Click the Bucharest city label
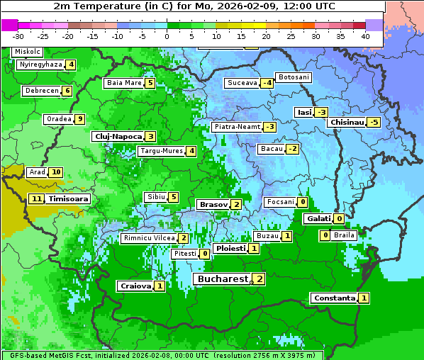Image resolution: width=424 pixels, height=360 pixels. click(x=223, y=279)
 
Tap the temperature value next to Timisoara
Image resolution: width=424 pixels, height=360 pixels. click(x=37, y=199)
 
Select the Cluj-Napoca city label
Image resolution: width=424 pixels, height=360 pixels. click(x=118, y=136)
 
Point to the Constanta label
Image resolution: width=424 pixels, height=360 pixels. click(x=333, y=298)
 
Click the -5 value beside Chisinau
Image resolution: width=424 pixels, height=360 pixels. click(x=374, y=122)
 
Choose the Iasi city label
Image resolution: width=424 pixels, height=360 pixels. click(x=304, y=112)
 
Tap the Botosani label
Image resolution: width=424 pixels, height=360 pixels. click(x=294, y=77)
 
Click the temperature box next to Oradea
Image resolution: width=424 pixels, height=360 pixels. click(x=80, y=119)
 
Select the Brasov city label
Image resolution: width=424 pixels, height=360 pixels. click(x=213, y=204)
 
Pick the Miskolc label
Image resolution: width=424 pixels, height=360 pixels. click(x=27, y=52)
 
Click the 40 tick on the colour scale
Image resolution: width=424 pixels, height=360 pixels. click(x=365, y=35)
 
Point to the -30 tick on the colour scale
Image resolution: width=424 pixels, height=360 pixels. click(x=18, y=35)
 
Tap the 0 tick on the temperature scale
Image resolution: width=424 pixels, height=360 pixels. click(x=167, y=35)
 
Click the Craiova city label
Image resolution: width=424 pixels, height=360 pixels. click(x=135, y=286)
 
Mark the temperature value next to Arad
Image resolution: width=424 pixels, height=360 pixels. click(x=56, y=172)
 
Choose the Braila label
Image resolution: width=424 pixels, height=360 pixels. click(x=344, y=235)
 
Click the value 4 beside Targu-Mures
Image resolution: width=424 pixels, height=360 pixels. click(x=191, y=151)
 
